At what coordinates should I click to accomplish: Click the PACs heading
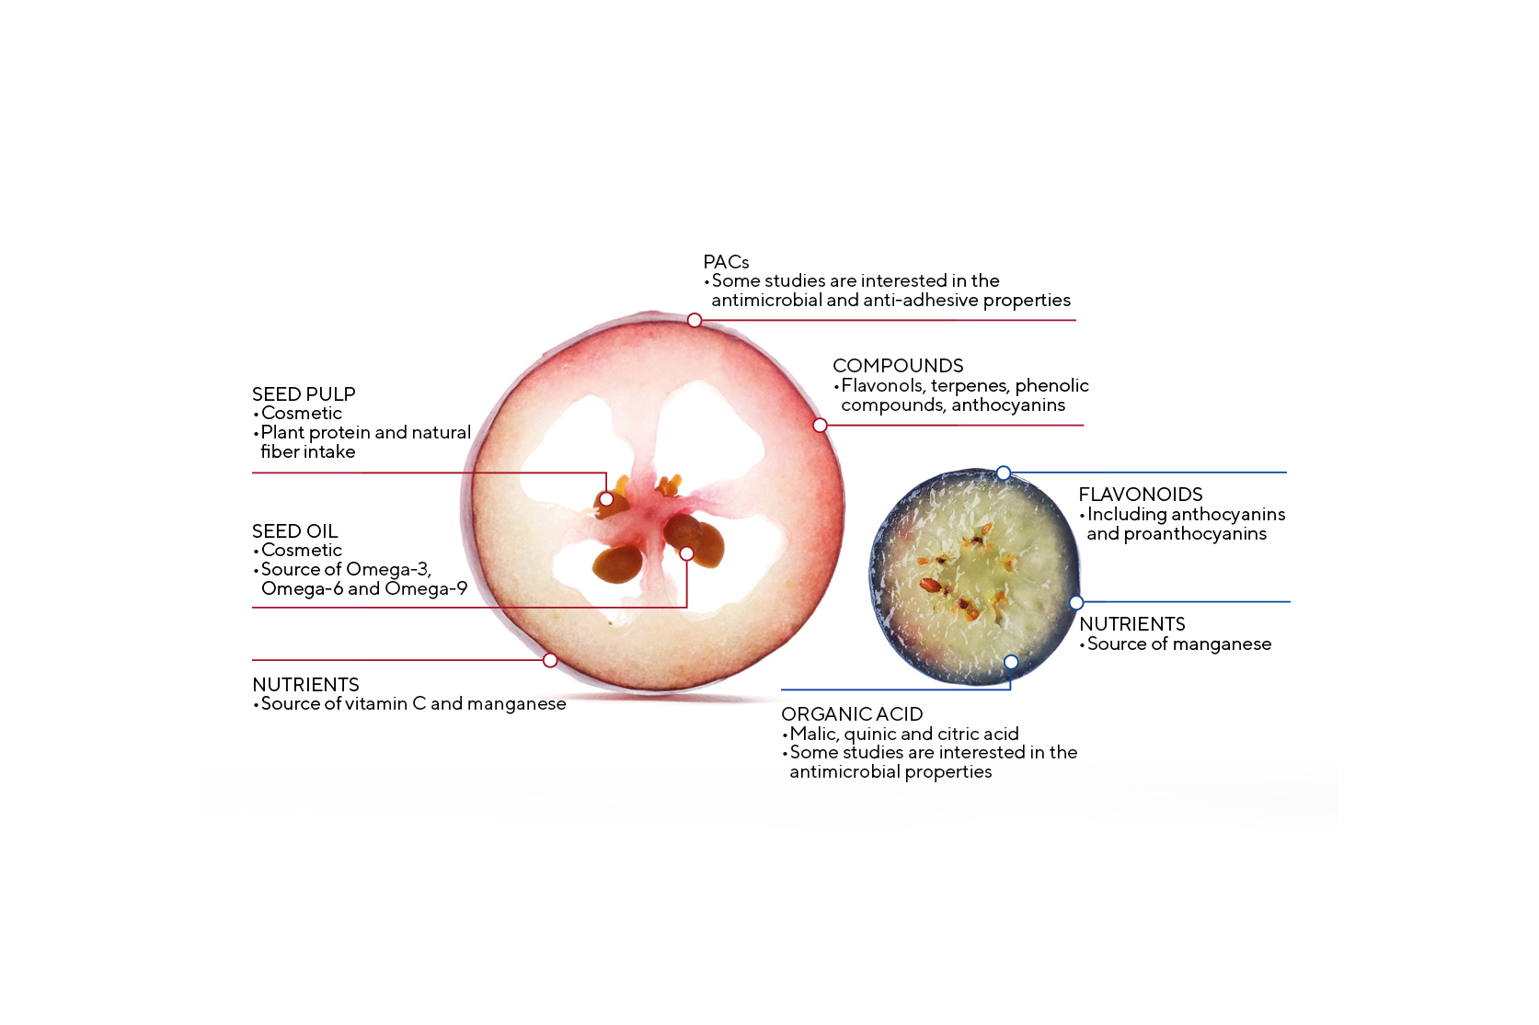point(726,262)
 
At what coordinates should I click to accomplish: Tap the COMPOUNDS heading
point(898,365)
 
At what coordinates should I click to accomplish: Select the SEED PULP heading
point(304,394)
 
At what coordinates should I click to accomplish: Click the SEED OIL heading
point(294,530)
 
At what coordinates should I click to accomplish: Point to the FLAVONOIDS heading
point(1141,495)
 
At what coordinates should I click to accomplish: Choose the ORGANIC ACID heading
point(852,714)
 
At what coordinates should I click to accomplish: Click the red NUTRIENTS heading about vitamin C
point(305,685)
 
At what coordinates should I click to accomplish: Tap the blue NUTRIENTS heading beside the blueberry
point(1132,624)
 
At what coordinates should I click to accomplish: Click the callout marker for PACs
point(695,320)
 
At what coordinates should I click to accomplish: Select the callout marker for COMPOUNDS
point(820,426)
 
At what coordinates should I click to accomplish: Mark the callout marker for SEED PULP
point(606,499)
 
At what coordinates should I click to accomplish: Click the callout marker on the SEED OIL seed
point(686,553)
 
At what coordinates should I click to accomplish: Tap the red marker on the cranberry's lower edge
point(550,660)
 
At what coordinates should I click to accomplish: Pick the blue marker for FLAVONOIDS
point(1003,473)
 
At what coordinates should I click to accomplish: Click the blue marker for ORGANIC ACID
point(1011,662)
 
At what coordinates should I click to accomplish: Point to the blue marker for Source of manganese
point(1076,603)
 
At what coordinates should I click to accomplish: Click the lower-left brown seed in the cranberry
point(617,564)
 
